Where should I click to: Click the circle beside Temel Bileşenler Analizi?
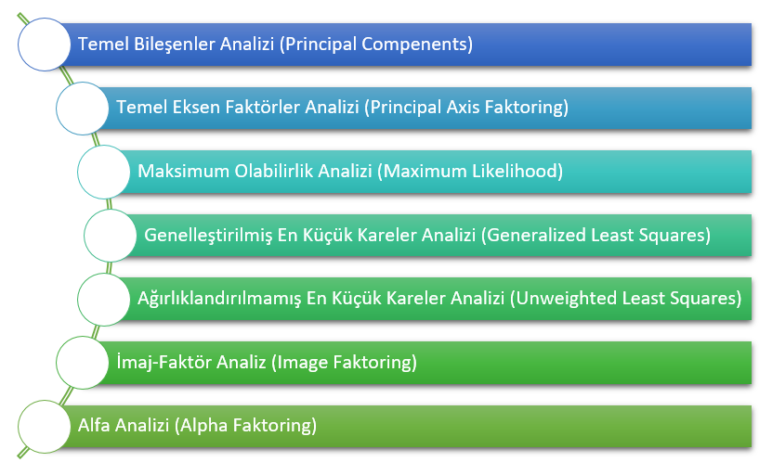pos(44,45)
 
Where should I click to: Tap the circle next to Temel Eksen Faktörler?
pos(83,108)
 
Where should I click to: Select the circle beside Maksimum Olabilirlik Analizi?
pos(103,172)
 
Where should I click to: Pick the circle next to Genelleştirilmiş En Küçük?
pos(111,235)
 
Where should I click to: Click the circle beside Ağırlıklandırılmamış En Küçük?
pos(103,299)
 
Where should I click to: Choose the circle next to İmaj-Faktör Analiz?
pos(83,362)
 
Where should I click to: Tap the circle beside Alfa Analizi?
pos(44,426)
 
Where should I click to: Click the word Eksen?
pos(192,108)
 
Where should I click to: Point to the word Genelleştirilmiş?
pos(213,235)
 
